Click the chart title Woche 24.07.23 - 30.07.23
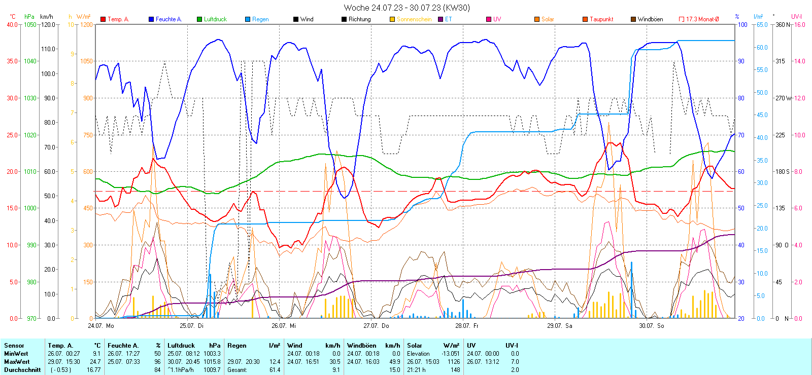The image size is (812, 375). click(407, 8)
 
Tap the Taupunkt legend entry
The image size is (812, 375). click(601, 19)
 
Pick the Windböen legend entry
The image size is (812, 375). click(650, 19)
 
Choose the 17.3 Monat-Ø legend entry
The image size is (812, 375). click(702, 19)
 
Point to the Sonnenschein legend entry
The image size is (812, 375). click(414, 19)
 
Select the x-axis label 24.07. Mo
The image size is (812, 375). click(101, 326)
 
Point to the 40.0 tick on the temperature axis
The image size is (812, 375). click(12, 24)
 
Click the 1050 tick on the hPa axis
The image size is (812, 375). click(30, 24)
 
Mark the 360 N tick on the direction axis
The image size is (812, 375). click(783, 24)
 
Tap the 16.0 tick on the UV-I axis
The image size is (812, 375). click(799, 24)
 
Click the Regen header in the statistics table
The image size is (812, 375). click(236, 346)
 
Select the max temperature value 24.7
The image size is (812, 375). click(95, 362)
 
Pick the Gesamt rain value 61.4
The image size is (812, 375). click(275, 370)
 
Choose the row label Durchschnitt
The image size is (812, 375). click(22, 370)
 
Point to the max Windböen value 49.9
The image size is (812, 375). click(394, 362)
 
